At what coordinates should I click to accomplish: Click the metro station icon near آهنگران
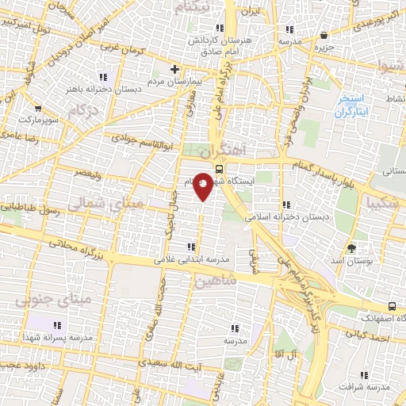click(219, 167)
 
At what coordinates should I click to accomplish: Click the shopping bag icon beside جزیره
click(324, 34)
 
